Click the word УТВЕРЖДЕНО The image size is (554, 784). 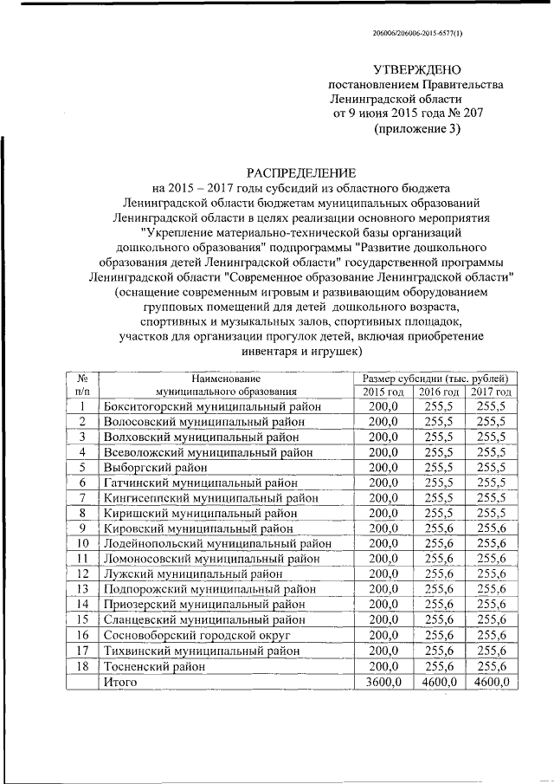[x=416, y=69]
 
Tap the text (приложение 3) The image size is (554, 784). [x=416, y=129]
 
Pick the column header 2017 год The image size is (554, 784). [x=491, y=392]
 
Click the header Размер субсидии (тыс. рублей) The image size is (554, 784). [x=439, y=379]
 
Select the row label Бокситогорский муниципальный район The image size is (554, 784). [x=212, y=406]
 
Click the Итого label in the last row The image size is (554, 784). [x=120, y=682]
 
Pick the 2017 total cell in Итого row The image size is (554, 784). [x=491, y=682]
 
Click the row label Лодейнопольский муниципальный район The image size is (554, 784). [x=217, y=543]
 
